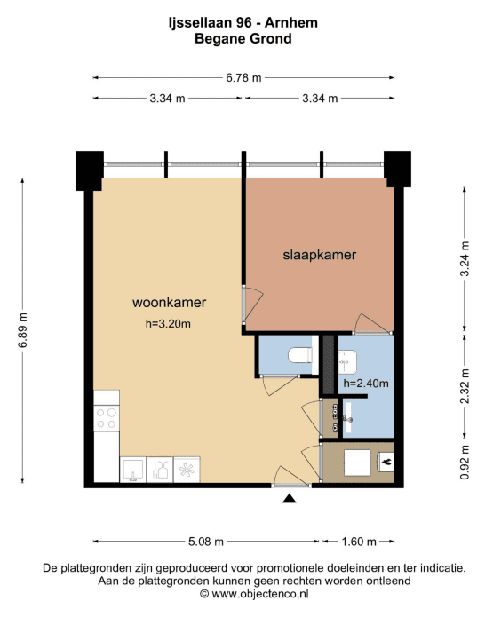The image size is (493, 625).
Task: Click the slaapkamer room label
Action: coord(319,255)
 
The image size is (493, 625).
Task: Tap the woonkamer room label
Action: coord(169,302)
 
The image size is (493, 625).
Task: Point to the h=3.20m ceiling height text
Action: coord(168,324)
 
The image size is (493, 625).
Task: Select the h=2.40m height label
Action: coord(366,383)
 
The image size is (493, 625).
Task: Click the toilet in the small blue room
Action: coord(300,355)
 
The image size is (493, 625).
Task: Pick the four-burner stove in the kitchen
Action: coord(107,418)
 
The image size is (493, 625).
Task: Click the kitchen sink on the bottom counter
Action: coord(133,470)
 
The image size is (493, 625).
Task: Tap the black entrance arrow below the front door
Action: coord(290,498)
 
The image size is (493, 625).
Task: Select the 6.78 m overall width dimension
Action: coord(243,78)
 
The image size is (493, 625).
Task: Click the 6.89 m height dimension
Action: coord(23,330)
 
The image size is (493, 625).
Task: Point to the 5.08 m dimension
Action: coord(206,542)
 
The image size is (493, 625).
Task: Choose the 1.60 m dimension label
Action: coord(359,542)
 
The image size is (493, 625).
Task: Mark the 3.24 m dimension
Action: coord(465,258)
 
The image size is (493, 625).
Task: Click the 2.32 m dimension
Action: coord(465,386)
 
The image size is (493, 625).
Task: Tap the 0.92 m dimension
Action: coord(465,462)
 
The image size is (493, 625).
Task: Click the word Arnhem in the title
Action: coord(291,23)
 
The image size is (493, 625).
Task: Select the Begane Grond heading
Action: coord(243,39)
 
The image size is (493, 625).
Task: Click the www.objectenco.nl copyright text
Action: coord(254,594)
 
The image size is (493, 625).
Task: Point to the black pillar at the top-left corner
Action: coord(90,170)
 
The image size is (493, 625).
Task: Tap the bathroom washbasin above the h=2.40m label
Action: coord(347,362)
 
